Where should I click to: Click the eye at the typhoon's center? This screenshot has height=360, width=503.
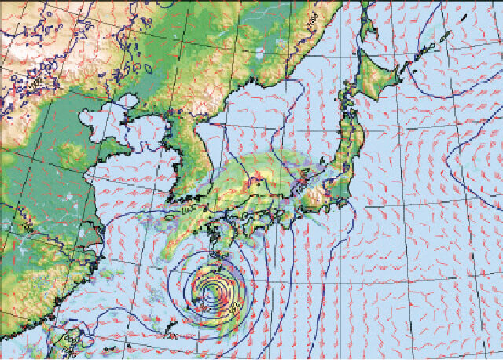tap(211, 292)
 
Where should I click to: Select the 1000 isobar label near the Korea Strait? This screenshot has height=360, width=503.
tap(189, 209)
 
